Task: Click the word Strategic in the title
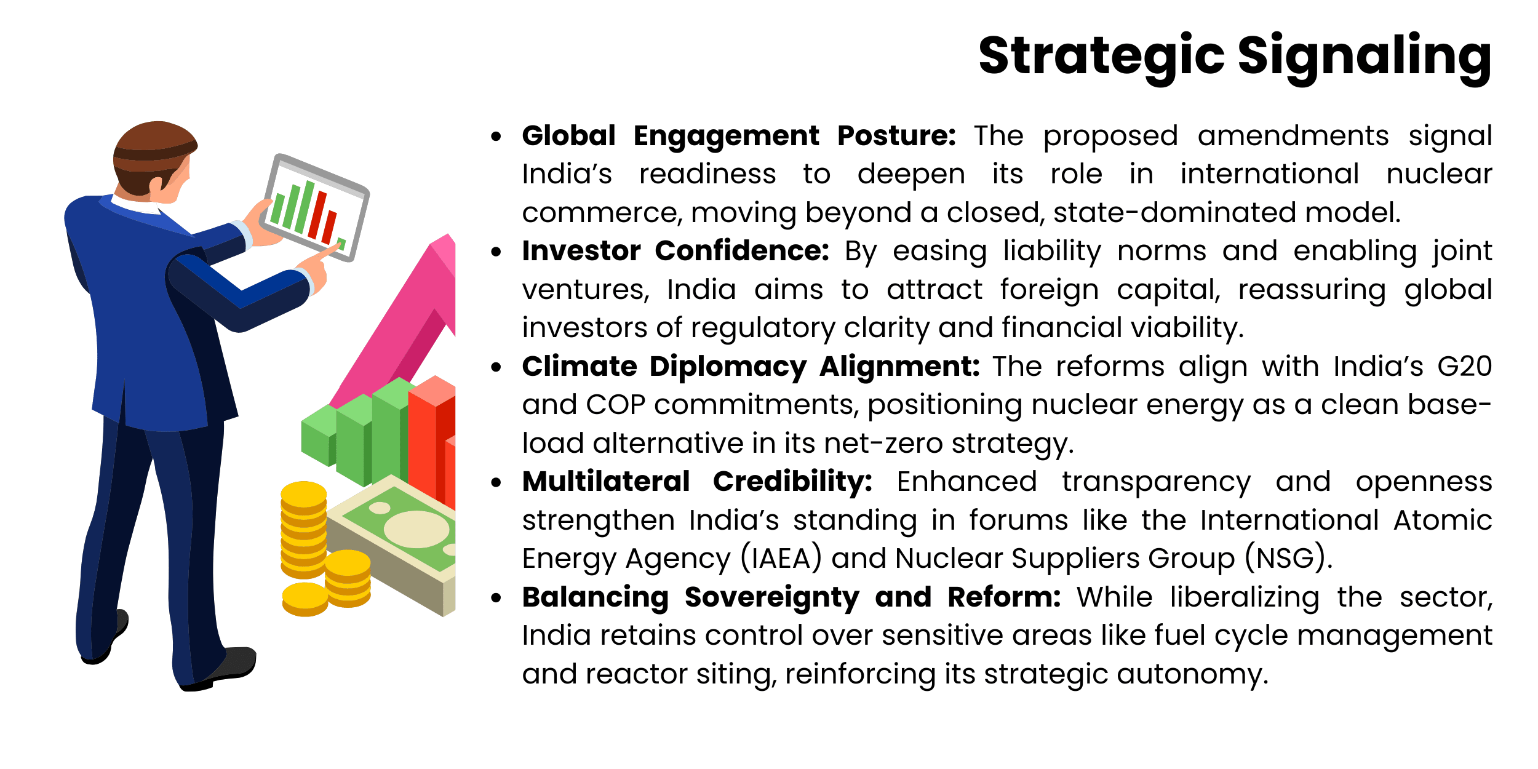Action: [x=1101, y=57]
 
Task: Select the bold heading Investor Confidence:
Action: [x=675, y=251]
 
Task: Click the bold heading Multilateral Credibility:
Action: [x=697, y=482]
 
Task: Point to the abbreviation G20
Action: [x=1464, y=367]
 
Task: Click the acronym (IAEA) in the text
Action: [x=781, y=559]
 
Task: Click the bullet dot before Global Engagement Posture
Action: [x=496, y=137]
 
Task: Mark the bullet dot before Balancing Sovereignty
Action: [x=496, y=598]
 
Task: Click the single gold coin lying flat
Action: [x=305, y=599]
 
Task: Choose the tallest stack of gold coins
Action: [x=303, y=529]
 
